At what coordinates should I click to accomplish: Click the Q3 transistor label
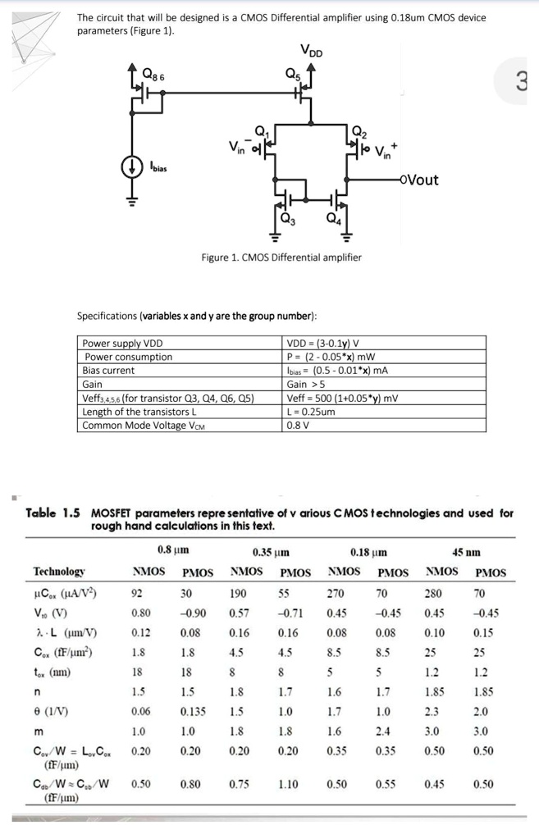coord(287,218)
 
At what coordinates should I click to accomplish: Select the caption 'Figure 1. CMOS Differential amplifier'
coord(281,258)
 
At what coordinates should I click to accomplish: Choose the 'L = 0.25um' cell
coord(313,412)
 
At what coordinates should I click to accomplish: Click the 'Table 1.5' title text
coord(53,513)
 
